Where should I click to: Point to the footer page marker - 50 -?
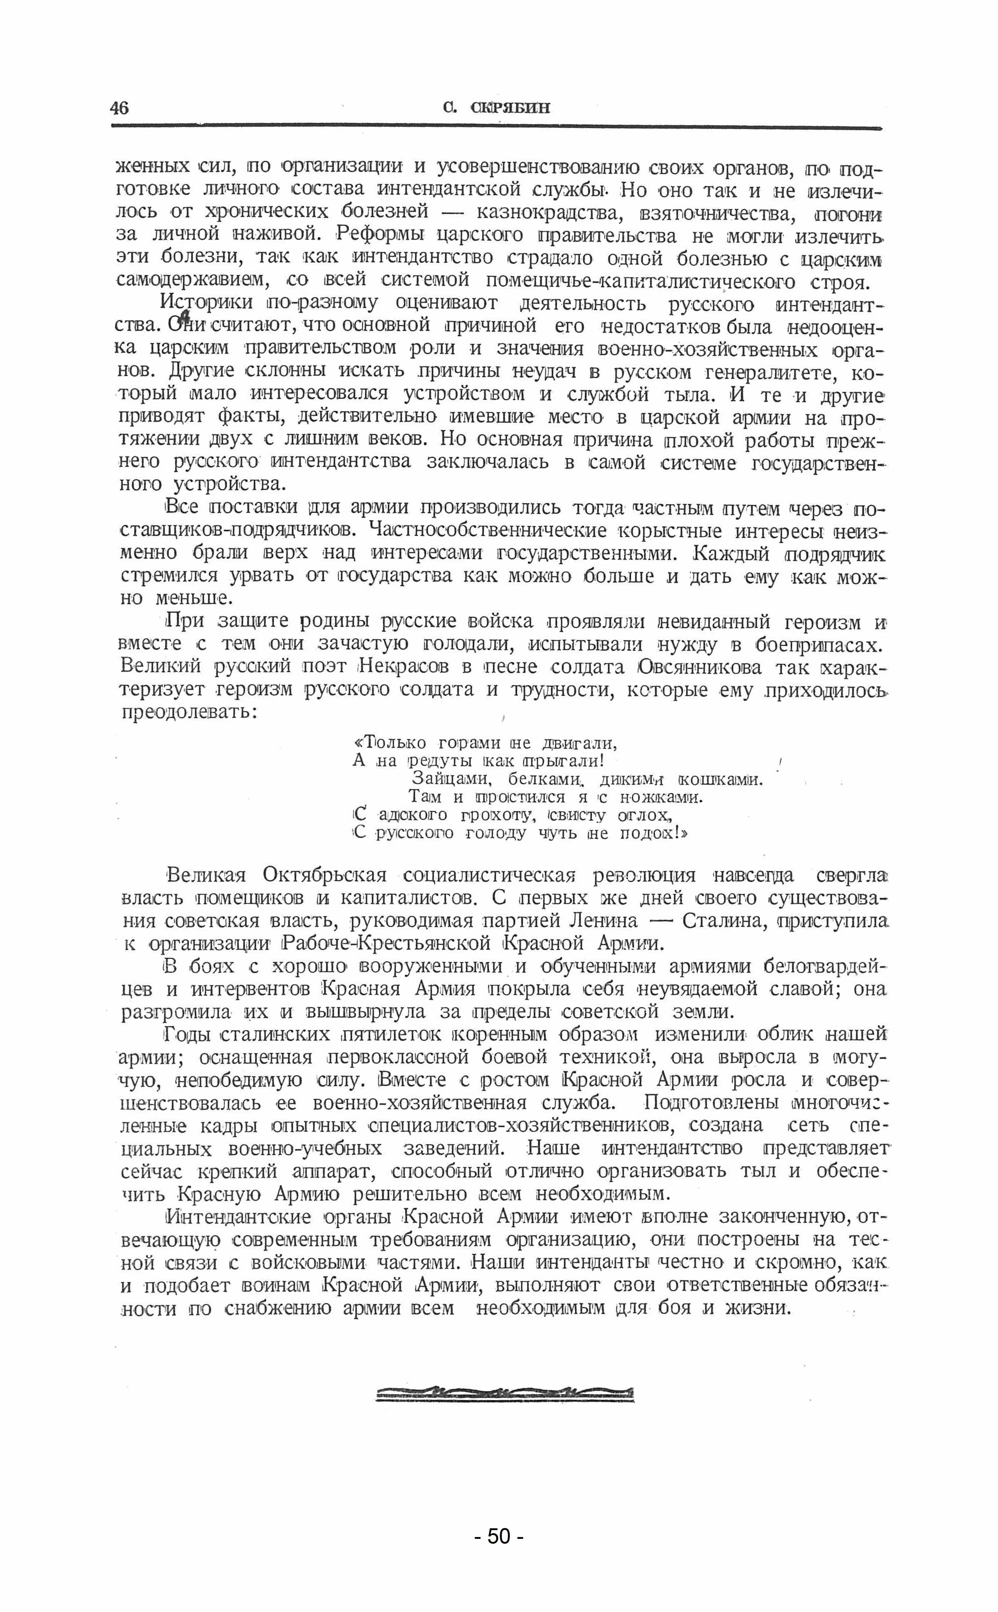[x=499, y=1537]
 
